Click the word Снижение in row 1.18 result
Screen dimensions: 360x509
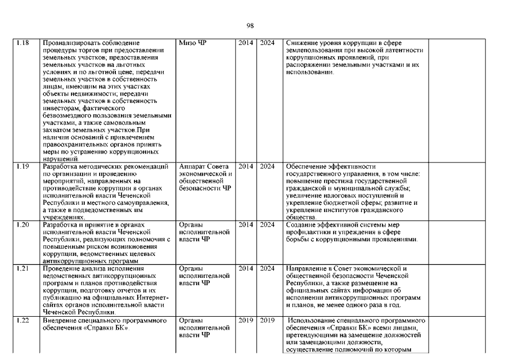pyautogui.click(x=301, y=43)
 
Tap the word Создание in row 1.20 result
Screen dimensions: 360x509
pyautogui.click(x=301, y=225)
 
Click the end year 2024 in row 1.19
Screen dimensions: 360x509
pyautogui.click(x=267, y=166)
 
